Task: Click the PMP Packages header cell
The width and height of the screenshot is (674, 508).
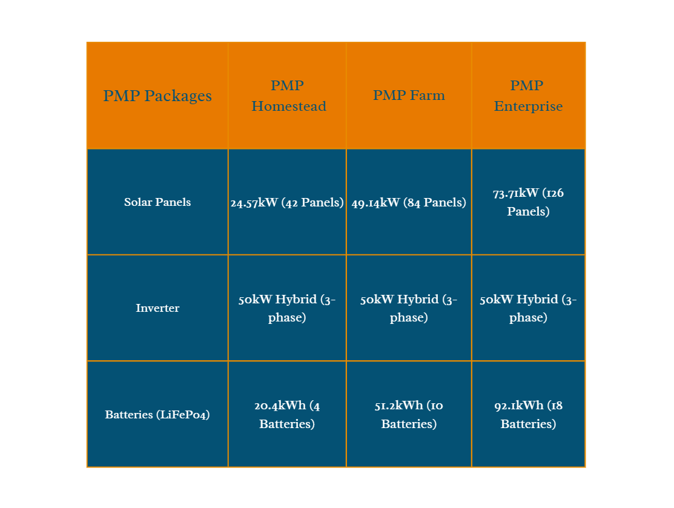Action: [x=157, y=96]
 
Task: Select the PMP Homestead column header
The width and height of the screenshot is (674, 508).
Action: [x=287, y=96]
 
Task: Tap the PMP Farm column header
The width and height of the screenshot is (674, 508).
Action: [x=409, y=96]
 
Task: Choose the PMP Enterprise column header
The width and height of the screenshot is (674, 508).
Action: [x=528, y=96]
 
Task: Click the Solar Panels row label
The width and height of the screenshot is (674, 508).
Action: [x=157, y=202]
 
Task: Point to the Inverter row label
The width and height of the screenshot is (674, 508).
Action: [x=157, y=308]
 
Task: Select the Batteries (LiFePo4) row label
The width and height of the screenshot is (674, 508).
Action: [x=157, y=414]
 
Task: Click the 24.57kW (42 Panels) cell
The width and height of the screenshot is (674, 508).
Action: [x=287, y=202]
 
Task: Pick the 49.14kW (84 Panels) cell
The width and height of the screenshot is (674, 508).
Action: [x=409, y=202]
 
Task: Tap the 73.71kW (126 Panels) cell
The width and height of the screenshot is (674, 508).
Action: [x=528, y=202]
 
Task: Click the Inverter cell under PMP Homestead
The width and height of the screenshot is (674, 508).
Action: [x=287, y=308]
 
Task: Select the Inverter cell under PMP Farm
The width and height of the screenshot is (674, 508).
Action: [x=409, y=308]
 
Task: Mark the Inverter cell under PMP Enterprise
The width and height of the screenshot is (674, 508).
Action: [x=528, y=308]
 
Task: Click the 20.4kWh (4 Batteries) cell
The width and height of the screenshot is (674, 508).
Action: [x=287, y=414]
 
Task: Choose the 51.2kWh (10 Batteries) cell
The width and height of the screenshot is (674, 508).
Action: [x=409, y=414]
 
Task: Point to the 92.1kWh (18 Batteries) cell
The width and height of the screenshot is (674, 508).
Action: [x=528, y=414]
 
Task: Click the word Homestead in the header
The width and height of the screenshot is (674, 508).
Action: [x=289, y=106]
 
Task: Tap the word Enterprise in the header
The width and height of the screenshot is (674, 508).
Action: [x=528, y=107]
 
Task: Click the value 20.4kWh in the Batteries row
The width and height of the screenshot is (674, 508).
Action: [x=280, y=405]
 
